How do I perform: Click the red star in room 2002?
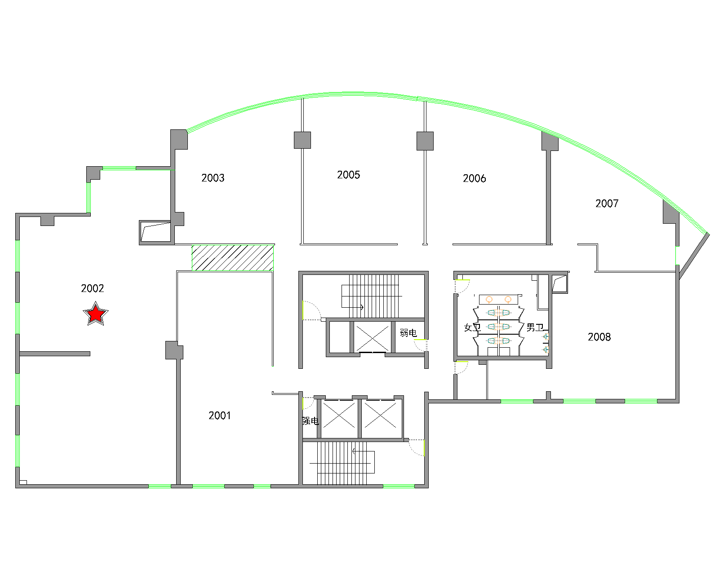click(96, 314)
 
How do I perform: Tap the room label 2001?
click(219, 416)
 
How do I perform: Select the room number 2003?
click(213, 178)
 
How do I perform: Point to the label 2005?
click(348, 175)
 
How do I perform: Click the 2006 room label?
click(474, 178)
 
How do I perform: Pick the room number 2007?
click(607, 203)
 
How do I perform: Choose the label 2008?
click(599, 337)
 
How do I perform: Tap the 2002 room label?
click(92, 288)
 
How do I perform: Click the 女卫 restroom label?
click(472, 327)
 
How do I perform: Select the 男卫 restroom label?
click(535, 327)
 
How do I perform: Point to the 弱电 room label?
click(408, 333)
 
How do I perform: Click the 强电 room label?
click(311, 421)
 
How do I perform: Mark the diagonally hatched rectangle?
click(232, 257)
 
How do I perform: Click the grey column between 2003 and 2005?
click(302, 140)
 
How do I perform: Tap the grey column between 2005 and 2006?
click(425, 141)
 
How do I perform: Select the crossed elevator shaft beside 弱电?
click(372, 337)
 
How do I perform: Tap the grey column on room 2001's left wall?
click(174, 350)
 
